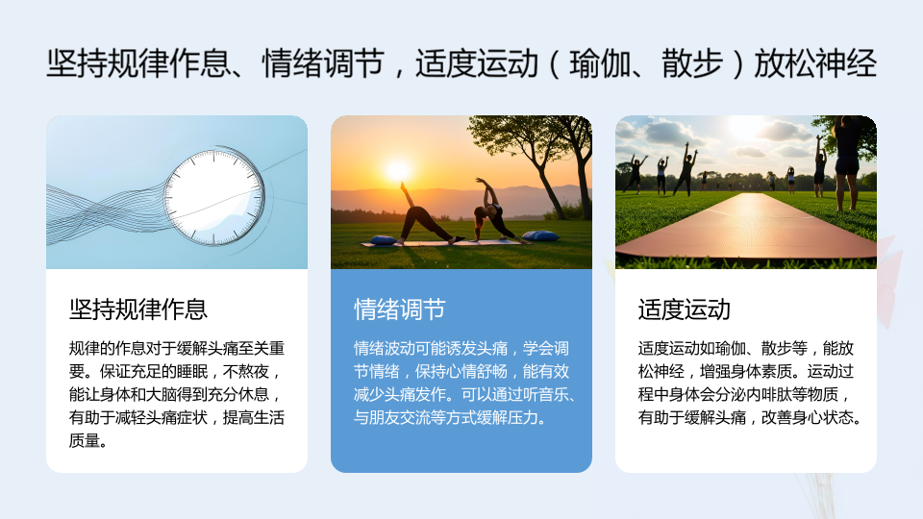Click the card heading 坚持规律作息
point(138,309)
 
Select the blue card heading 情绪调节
point(400,309)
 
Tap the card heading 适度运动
point(684,309)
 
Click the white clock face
point(213,196)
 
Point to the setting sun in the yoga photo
point(398,170)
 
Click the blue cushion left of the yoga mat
point(383,239)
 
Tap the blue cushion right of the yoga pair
point(540,236)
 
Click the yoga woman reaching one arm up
point(493,210)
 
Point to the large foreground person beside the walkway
point(847,161)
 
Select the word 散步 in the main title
point(692,63)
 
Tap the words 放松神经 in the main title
point(815,63)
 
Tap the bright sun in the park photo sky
point(743,125)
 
